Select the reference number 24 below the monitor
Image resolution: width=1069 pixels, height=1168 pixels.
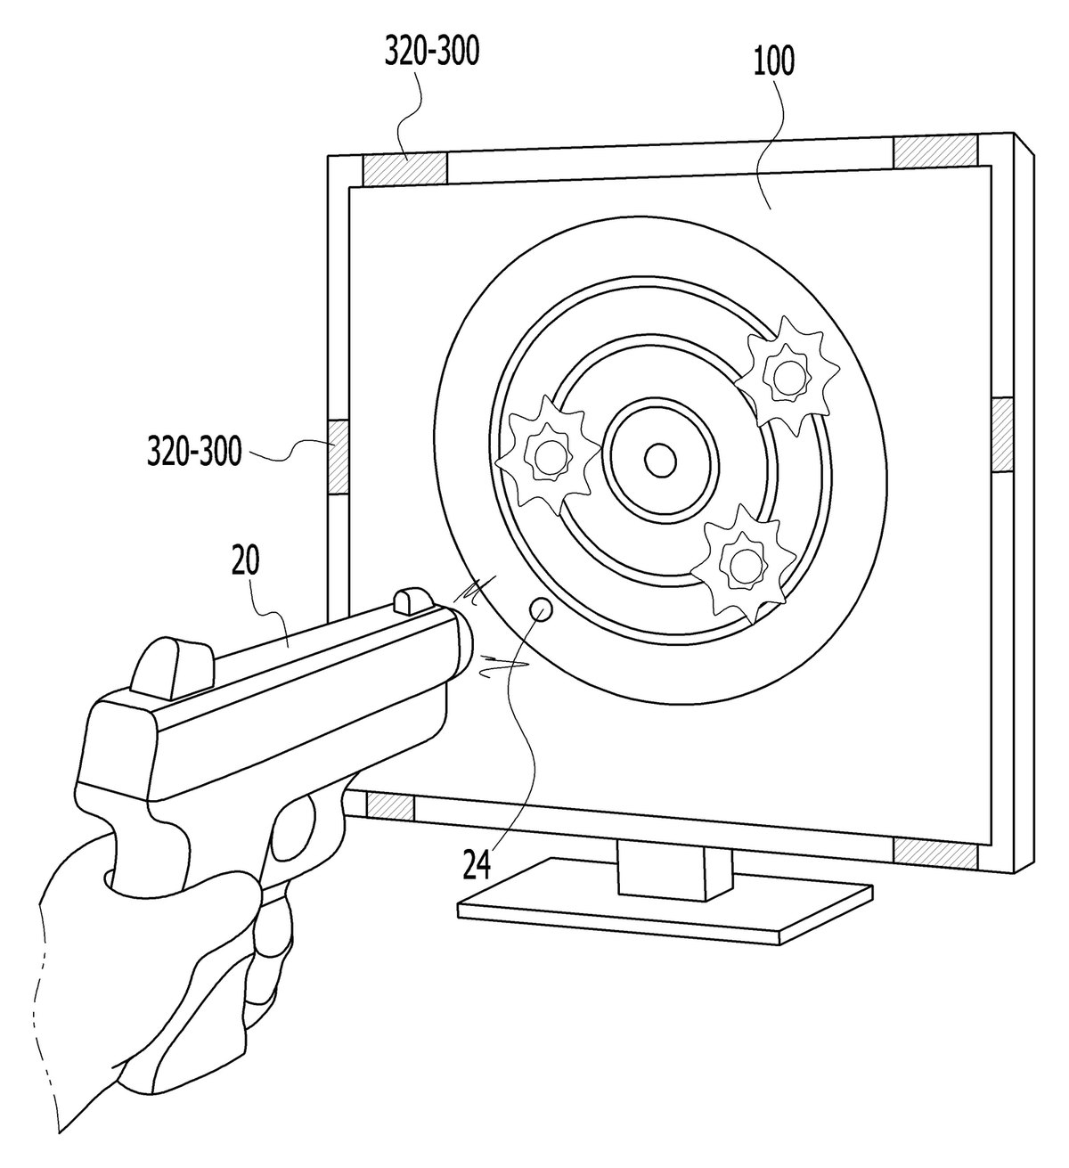pyautogui.click(x=477, y=865)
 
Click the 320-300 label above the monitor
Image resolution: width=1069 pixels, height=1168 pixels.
pyautogui.click(x=431, y=53)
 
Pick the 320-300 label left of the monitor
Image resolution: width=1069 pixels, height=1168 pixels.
pyautogui.click(x=194, y=451)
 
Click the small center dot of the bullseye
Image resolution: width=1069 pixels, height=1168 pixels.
pyautogui.click(x=660, y=460)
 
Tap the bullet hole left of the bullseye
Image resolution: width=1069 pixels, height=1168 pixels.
pyautogui.click(x=547, y=455)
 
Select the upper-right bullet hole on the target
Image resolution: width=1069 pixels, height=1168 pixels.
pyautogui.click(x=787, y=373)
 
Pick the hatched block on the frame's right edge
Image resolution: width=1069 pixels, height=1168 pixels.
pyautogui.click(x=1002, y=435)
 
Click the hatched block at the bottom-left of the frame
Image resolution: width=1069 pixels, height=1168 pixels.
pyautogui.click(x=389, y=805)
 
